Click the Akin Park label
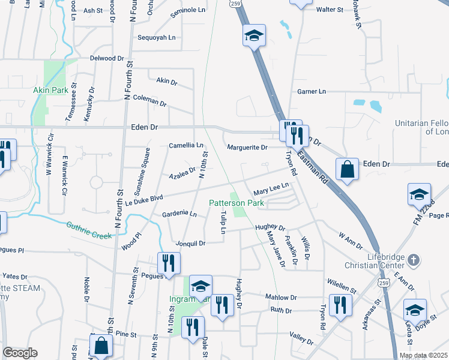coord(49,90)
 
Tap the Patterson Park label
coord(237,203)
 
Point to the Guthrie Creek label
coord(89,231)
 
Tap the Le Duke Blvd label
coord(145,197)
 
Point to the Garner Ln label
coord(312,91)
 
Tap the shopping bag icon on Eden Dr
coord(348,169)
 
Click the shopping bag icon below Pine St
coord(101,345)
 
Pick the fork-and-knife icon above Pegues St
coord(169,262)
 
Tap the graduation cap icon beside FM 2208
coord(419,194)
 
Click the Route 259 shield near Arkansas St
coord(382,281)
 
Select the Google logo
coord(20,353)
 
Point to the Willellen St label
coord(343,281)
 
